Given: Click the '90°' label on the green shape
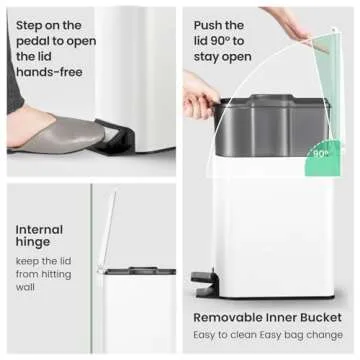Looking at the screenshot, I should (x=321, y=154).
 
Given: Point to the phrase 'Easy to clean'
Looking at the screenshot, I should (x=228, y=337).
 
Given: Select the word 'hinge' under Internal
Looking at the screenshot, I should (x=32, y=245).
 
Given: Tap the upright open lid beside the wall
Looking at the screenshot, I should (x=107, y=230).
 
